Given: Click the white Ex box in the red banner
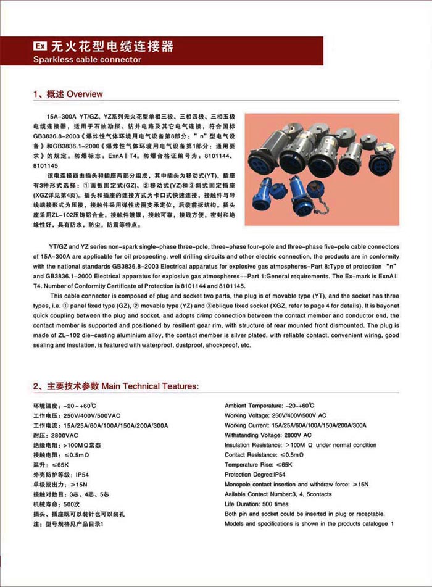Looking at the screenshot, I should pos(39,47).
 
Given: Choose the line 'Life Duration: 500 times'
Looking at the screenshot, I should pos(256,504).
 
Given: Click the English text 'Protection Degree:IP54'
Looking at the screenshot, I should pos(255,474).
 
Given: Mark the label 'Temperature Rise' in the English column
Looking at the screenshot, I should pos(249,464).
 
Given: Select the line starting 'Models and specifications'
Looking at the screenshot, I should pos(309,524).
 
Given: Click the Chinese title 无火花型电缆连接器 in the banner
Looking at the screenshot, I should pos(112,47).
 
